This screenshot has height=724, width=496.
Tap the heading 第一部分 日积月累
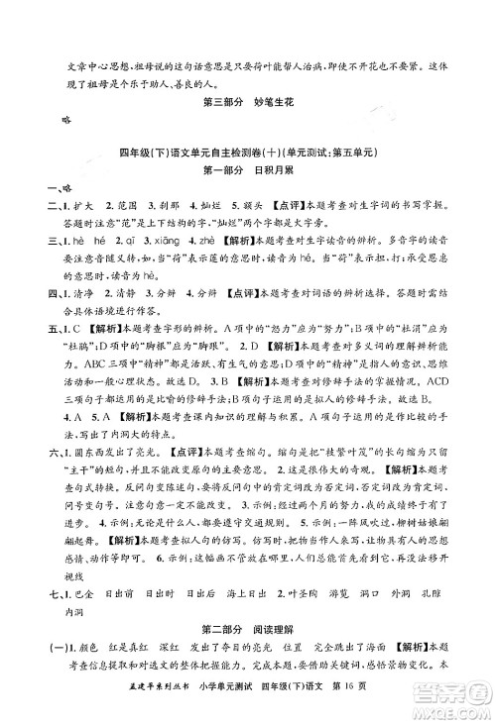[x=248, y=169]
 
